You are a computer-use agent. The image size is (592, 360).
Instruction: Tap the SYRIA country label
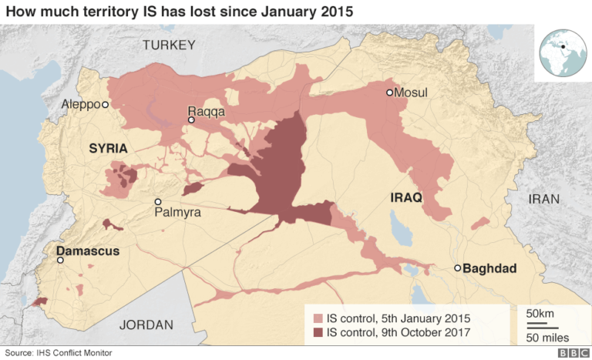pos(107,147)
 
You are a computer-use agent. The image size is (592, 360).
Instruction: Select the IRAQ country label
pos(406,197)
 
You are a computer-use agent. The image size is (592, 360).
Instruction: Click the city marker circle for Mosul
pos(390,93)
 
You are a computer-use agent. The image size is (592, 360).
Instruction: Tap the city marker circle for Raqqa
pos(191,120)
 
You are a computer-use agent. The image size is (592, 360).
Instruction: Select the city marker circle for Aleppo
pos(106,103)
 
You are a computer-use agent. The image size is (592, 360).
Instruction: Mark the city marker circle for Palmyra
pos(158,202)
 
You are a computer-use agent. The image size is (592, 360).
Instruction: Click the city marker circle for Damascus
pos(61,261)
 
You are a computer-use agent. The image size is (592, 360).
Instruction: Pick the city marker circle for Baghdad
pos(457,268)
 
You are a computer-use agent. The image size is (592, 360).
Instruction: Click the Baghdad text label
pos(489,268)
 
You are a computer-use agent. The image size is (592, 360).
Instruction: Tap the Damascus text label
pos(86,251)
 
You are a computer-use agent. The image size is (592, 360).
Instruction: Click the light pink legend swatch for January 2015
pos(318,318)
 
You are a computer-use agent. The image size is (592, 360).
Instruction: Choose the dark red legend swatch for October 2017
pos(318,333)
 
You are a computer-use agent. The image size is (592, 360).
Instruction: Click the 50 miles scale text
pos(547,337)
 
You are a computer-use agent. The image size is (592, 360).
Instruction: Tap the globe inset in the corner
pos(563,52)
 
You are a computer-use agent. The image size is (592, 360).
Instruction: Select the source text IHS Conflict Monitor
pos(58,352)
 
